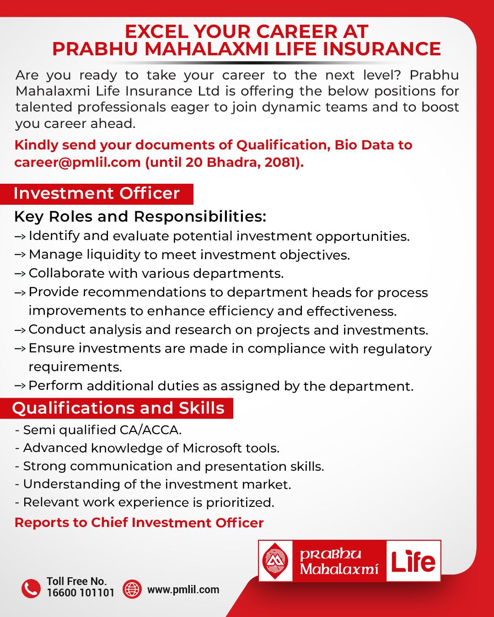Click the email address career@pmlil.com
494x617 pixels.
point(77,163)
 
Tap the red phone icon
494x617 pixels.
point(31,588)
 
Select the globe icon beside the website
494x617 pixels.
point(133,589)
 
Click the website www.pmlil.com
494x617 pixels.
point(183,590)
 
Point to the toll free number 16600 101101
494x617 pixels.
point(81,593)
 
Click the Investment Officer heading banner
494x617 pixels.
point(97,193)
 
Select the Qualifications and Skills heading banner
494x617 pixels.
point(118,408)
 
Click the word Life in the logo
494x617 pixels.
point(413,561)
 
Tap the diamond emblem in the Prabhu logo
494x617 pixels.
point(275,561)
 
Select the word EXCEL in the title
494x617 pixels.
point(156,32)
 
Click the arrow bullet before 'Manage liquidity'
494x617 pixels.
point(20,255)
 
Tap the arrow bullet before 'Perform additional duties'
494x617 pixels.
point(20,386)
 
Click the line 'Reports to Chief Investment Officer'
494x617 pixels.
point(139,523)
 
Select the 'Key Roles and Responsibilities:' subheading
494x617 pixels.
point(140,216)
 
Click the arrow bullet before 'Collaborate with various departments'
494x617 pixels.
point(20,273)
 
